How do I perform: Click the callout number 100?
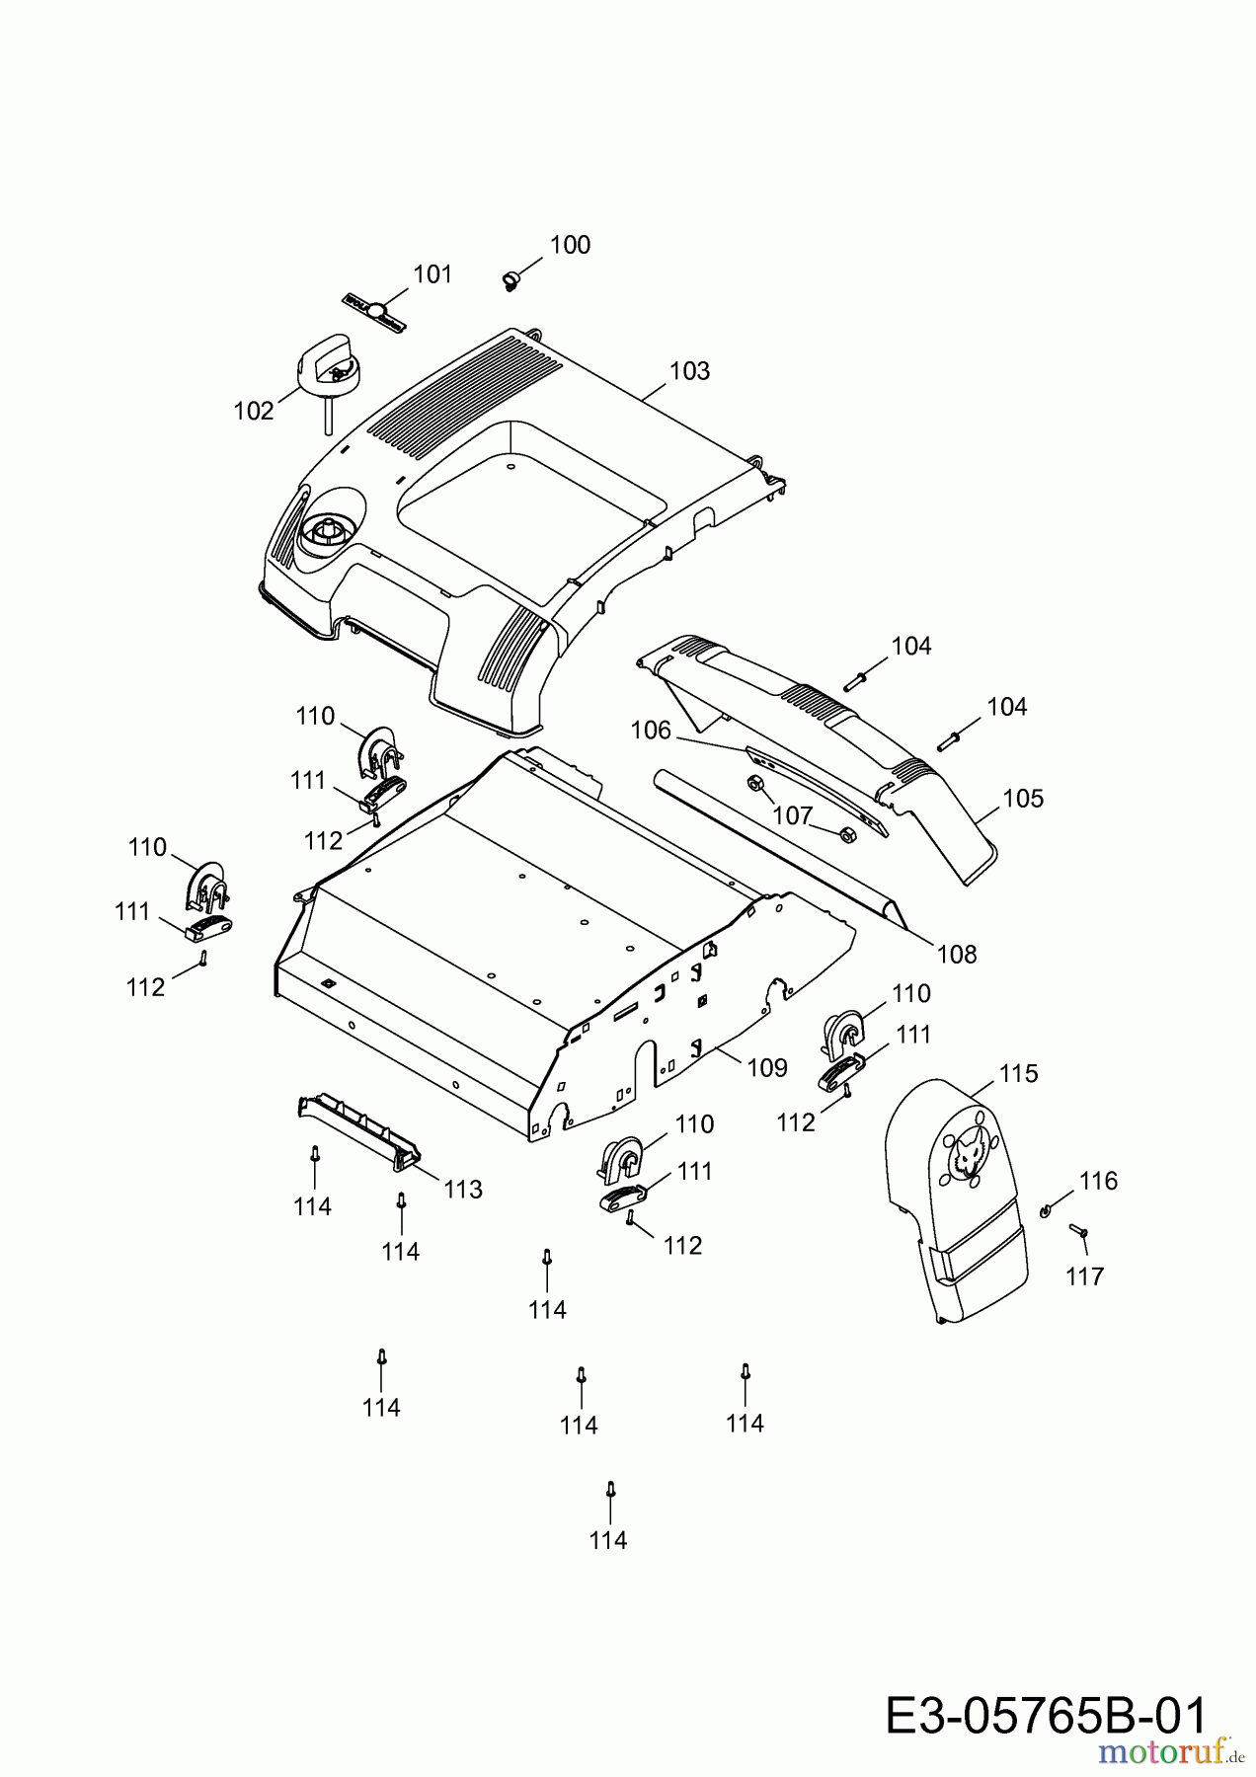570,245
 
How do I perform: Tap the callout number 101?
432,274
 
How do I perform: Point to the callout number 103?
689,371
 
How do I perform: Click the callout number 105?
1022,799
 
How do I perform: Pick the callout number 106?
651,731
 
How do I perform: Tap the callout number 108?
956,954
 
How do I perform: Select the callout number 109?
767,1067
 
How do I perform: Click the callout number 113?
463,1190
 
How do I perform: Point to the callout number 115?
1018,1073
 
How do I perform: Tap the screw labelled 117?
1077,1231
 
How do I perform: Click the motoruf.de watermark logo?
1170,1752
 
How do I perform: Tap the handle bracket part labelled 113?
358,1130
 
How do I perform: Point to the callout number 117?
1084,1276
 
